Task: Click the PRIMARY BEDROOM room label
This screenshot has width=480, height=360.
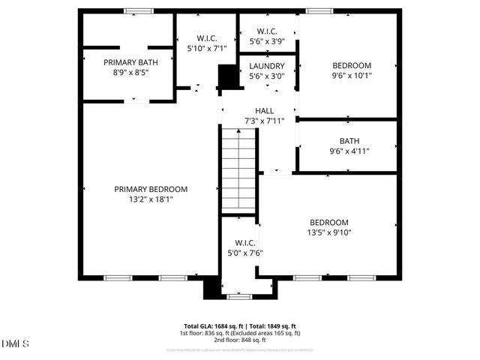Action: [x=151, y=189]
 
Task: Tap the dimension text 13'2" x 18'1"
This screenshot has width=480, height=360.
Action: [x=151, y=199]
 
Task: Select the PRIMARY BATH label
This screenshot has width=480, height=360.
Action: [x=128, y=62]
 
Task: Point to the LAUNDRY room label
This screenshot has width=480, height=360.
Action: [x=266, y=66]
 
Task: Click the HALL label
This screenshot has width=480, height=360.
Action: [x=264, y=110]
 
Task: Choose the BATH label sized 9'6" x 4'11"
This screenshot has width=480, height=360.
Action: [x=349, y=140]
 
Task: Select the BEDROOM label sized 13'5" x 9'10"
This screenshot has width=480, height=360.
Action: [x=329, y=222]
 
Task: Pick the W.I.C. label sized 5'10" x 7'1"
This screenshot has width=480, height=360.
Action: [x=207, y=37]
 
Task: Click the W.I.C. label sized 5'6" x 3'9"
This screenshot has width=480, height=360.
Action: [x=268, y=31]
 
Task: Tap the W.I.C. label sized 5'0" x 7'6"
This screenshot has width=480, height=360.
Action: [x=245, y=242]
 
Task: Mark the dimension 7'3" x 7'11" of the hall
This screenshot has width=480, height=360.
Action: [x=264, y=121]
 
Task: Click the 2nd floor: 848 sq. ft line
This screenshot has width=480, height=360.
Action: [x=239, y=339]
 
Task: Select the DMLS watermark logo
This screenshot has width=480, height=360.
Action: [x=15, y=344]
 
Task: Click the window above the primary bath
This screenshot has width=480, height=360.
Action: [x=136, y=10]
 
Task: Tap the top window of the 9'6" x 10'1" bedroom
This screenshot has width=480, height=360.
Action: [x=319, y=10]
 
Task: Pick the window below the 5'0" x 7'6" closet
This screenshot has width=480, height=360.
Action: [x=239, y=296]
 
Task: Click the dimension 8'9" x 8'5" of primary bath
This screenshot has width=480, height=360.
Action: [x=128, y=73]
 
